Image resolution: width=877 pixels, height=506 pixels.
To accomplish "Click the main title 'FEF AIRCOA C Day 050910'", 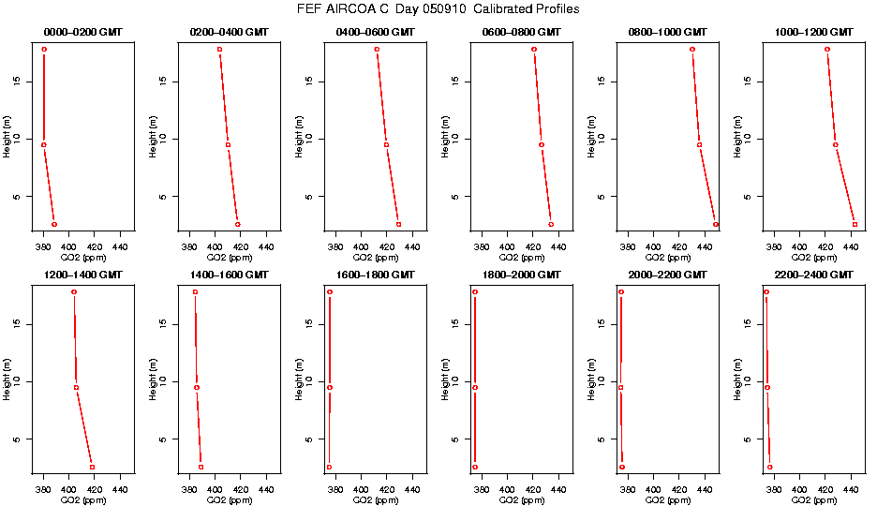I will click(438, 9).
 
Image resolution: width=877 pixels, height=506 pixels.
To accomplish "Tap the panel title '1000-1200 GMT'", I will click(813, 32).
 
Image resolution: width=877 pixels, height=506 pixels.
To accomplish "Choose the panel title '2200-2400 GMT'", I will click(813, 275).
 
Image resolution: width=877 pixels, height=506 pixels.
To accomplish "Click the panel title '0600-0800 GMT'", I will click(521, 32).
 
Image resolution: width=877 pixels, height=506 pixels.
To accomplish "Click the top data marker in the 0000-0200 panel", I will click(44, 49).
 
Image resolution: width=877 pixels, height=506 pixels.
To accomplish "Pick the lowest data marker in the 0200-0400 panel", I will click(237, 225).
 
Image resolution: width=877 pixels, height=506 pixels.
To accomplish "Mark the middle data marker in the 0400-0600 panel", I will click(386, 144).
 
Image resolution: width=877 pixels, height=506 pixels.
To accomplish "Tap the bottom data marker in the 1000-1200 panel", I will click(855, 225).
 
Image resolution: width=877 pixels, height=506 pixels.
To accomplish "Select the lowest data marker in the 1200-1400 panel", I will click(92, 467).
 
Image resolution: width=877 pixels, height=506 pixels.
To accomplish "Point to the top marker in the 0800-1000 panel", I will click(692, 49).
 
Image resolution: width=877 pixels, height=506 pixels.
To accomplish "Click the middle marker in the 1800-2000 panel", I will click(475, 387).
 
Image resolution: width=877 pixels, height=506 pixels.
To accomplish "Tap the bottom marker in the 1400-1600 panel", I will click(201, 467).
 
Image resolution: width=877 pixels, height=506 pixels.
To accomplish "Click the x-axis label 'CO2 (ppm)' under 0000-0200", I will click(82, 258).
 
